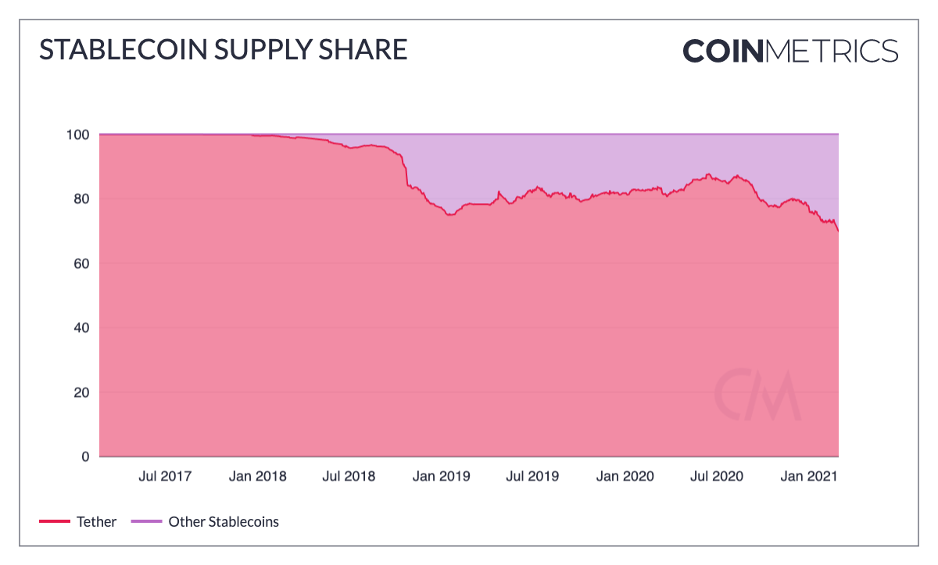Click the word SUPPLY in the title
pos(246,50)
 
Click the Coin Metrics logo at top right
pos(790,51)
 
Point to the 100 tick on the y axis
pos(79,134)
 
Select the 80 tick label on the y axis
pos(82,198)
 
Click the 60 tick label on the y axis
pos(82,263)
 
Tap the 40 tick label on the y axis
pos(82,327)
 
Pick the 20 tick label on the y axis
pos(82,392)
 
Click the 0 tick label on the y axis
pos(86,456)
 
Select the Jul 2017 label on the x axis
pos(165,476)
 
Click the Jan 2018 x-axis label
pos(257,476)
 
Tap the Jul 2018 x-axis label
pos(349,476)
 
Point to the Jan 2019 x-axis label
pos(441,476)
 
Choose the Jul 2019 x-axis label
pos(532,476)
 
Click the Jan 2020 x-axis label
pos(625,476)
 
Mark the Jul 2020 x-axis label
pos(716,476)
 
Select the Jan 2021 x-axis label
pos(808,476)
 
